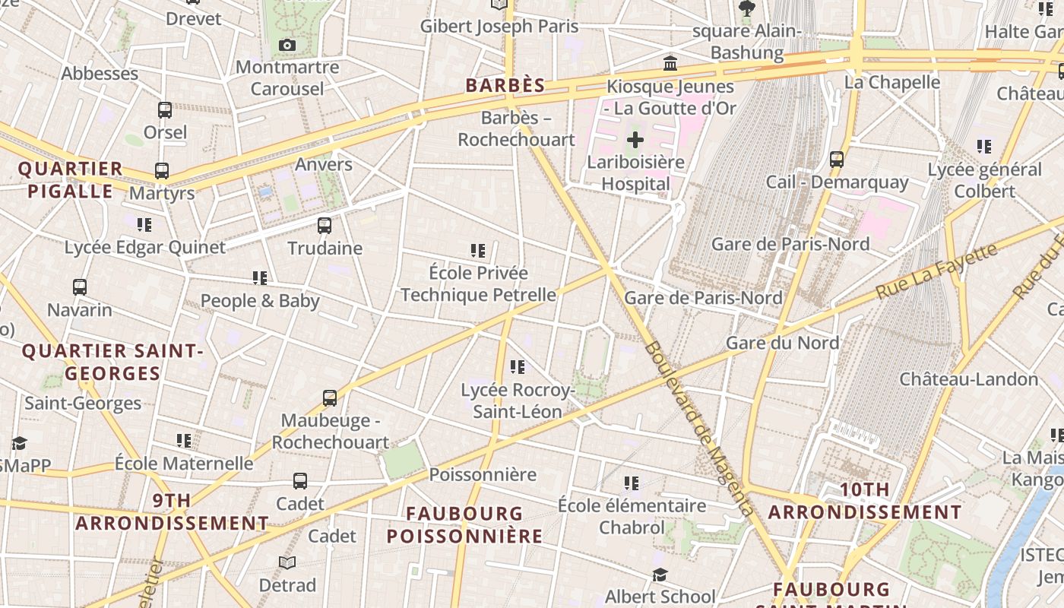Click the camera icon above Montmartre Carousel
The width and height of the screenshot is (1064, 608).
point(287,46)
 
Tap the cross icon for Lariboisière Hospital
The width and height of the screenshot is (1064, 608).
point(635,140)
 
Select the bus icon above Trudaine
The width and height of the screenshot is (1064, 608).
point(325,226)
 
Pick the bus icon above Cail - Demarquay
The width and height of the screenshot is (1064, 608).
point(837,160)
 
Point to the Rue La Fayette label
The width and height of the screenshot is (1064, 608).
point(936,271)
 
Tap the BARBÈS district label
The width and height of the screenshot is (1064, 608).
point(505,85)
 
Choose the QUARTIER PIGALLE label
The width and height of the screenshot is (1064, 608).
point(71,179)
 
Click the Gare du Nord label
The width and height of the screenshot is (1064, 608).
point(783,343)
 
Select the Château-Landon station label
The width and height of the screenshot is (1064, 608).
point(968,378)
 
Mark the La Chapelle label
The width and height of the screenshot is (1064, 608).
point(892,82)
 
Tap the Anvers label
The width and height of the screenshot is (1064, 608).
point(324,164)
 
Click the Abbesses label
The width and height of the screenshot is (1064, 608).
point(100,74)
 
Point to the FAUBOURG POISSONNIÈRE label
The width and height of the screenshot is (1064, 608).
point(464,524)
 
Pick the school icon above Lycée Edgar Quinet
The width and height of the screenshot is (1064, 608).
point(144,225)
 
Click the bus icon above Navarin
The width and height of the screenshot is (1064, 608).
point(80,287)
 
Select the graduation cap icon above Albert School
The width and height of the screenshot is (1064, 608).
point(660,575)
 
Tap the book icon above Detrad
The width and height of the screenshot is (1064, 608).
point(287,563)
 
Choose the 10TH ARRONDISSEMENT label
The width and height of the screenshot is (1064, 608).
point(865,501)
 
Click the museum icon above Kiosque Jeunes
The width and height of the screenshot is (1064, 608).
point(670,63)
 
